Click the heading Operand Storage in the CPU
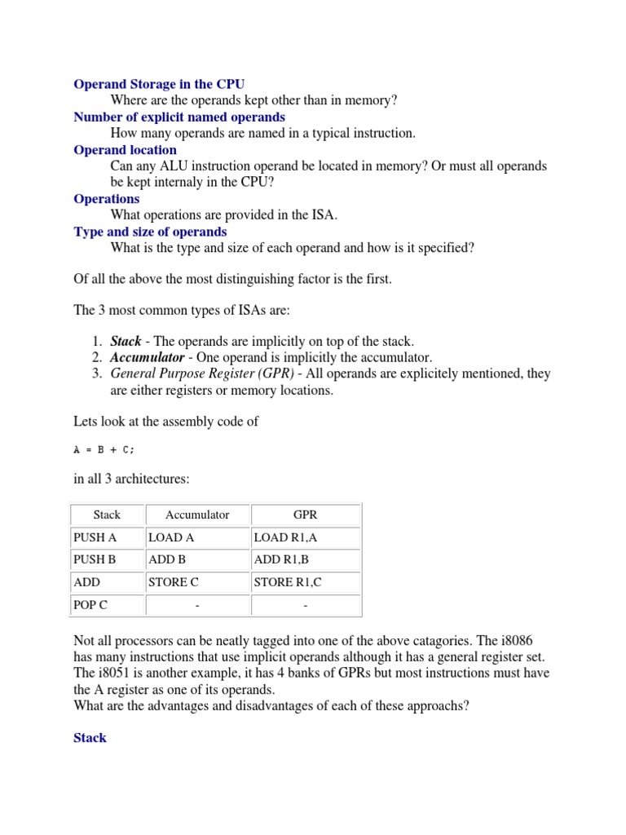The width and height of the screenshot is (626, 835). (x=159, y=84)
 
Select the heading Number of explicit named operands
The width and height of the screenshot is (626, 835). (x=179, y=117)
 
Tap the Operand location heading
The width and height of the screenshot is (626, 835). (x=125, y=150)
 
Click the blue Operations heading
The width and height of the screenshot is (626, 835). (x=107, y=199)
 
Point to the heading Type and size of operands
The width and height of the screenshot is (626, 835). (x=150, y=232)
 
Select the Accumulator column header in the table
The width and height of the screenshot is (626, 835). (x=197, y=515)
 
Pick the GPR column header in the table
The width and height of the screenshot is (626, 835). (x=306, y=515)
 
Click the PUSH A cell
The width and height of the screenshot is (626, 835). (x=95, y=537)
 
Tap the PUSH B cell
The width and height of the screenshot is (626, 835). (x=95, y=559)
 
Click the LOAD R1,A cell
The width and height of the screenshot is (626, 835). (x=283, y=537)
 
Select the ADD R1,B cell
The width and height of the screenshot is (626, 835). (x=280, y=559)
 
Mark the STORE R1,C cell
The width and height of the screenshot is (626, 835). (x=287, y=582)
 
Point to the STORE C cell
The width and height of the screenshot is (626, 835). (x=173, y=582)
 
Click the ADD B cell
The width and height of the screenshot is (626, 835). (x=167, y=559)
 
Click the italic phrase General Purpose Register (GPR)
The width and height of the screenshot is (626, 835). (x=202, y=373)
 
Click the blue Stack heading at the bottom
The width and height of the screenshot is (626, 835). (x=90, y=738)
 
